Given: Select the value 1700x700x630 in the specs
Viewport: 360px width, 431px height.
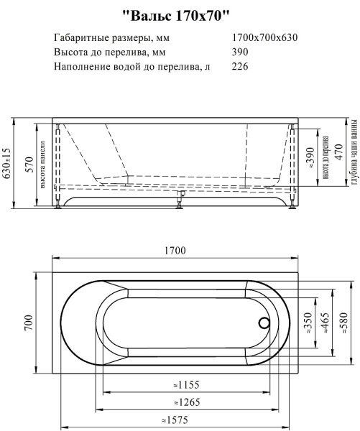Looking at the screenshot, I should point(265,37).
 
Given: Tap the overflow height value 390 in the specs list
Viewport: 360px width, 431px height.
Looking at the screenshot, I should point(241,52).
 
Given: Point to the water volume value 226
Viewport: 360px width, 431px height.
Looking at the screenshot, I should point(241,68).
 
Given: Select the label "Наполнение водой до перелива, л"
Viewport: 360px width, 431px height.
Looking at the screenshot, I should point(132,68).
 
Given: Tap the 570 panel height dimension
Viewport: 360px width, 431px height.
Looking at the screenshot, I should point(29,164).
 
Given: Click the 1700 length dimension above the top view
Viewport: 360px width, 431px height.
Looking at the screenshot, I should point(175,251).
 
